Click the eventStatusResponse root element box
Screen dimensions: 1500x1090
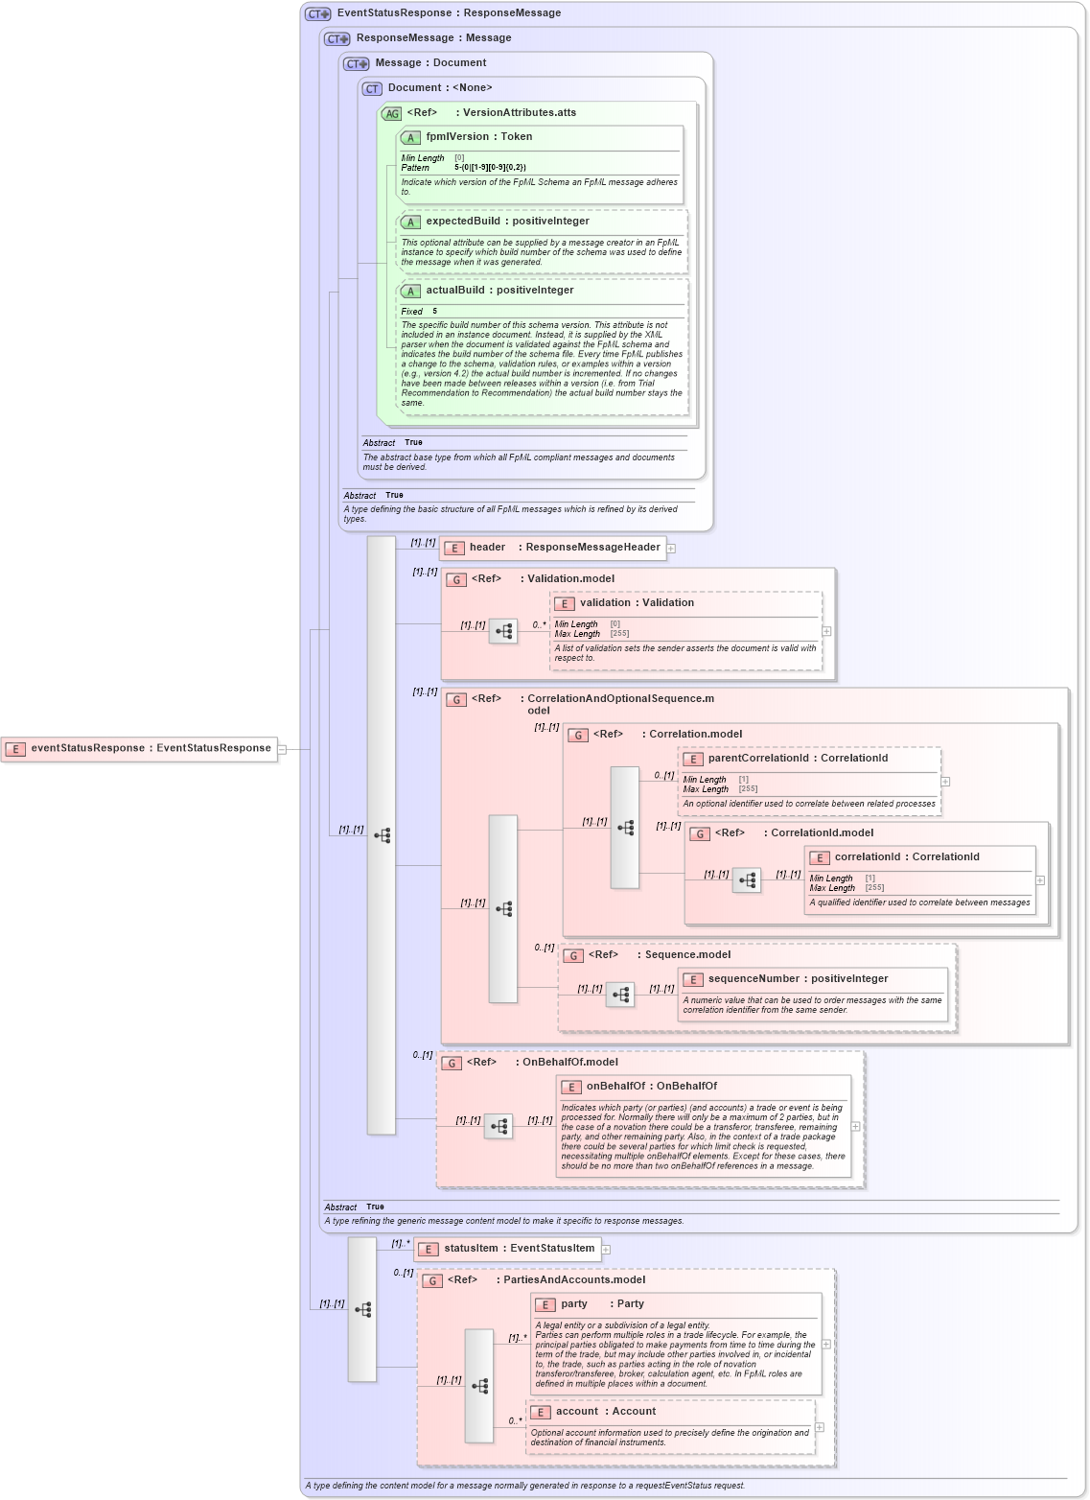pyautogui.click(x=140, y=749)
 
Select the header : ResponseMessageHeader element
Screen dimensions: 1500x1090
pyautogui.click(x=553, y=548)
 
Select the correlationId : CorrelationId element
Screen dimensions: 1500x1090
pyautogui.click(x=907, y=857)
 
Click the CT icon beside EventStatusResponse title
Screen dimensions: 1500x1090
pyautogui.click(x=318, y=14)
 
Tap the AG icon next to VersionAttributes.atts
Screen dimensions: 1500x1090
pyautogui.click(x=391, y=113)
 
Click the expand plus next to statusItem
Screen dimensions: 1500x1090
pyautogui.click(x=606, y=1250)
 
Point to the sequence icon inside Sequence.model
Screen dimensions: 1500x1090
pyautogui.click(x=620, y=996)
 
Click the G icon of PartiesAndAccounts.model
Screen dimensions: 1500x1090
pyautogui.click(x=432, y=1280)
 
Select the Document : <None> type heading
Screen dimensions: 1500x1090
pyautogui.click(x=439, y=88)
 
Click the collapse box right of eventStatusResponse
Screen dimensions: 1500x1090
pyautogui.click(x=282, y=750)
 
